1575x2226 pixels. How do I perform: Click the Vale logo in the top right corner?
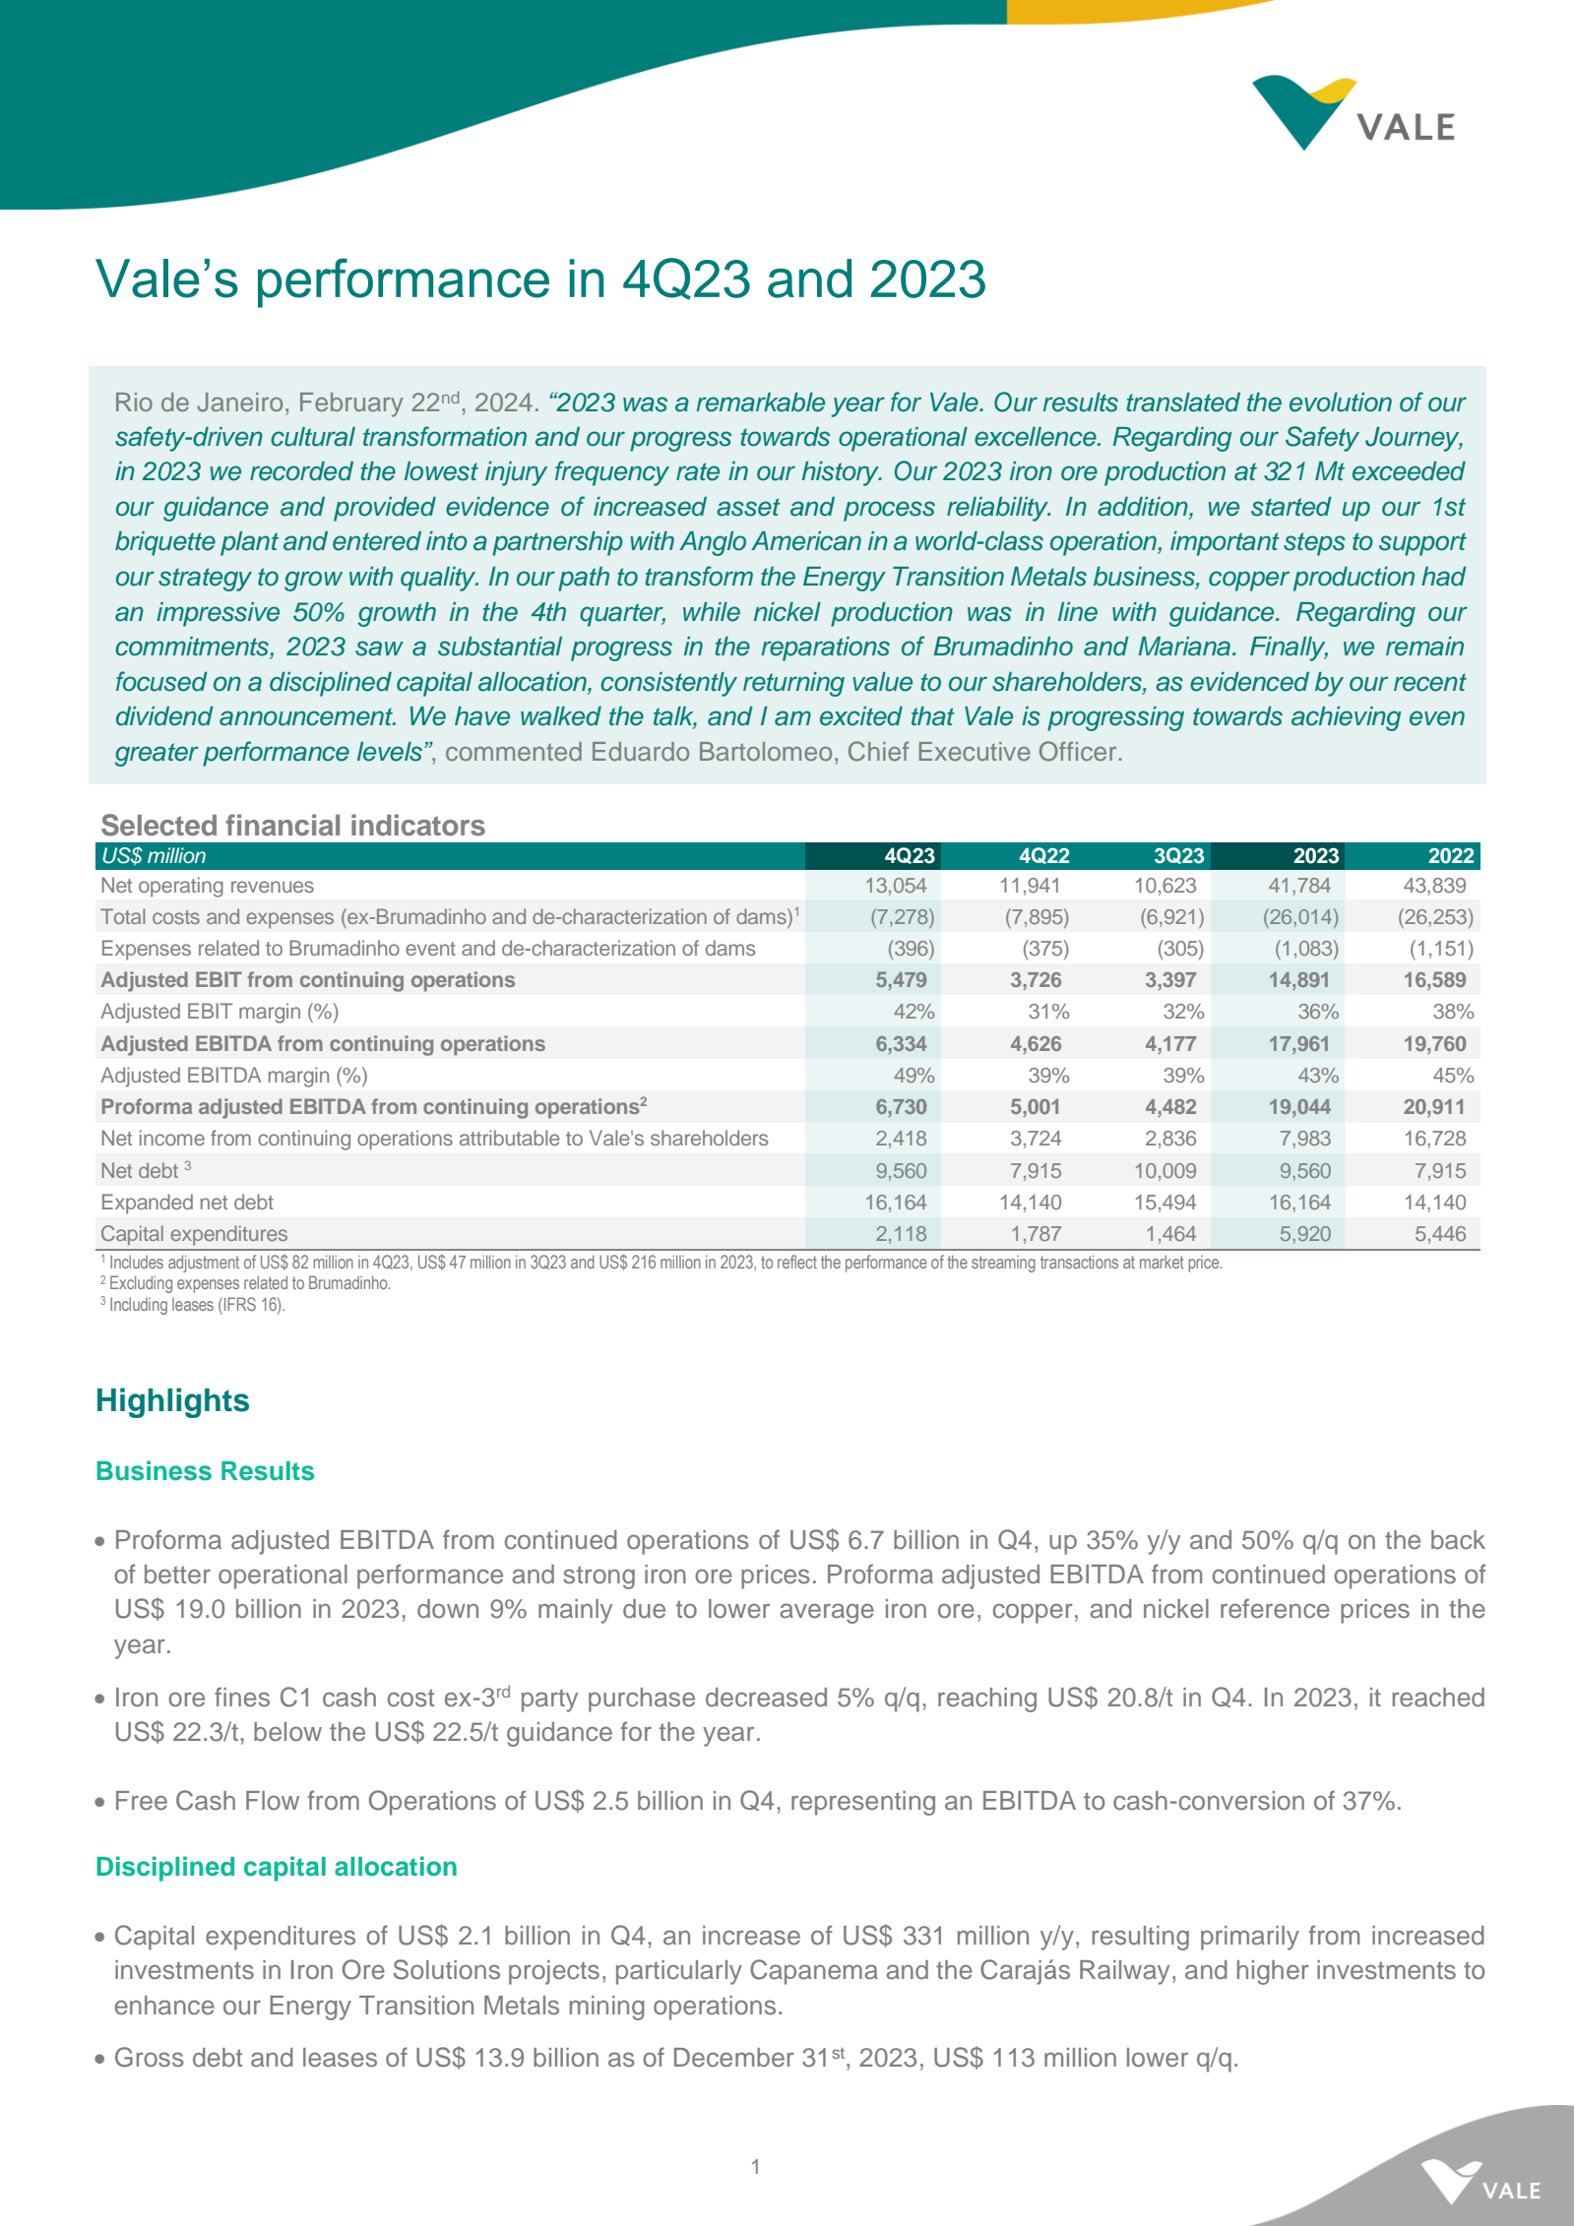[1354, 114]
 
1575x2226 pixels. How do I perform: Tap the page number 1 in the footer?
[755, 2166]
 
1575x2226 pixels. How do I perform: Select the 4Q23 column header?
[909, 856]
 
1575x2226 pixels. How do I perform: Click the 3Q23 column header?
[1178, 856]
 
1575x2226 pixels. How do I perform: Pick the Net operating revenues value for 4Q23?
[895, 886]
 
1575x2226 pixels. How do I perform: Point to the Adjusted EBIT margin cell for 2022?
[1452, 1012]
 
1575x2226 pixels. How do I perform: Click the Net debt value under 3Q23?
[1165, 1171]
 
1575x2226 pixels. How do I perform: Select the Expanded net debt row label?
[187, 1203]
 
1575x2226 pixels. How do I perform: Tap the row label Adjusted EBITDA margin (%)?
[234, 1076]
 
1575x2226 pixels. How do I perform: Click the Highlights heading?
[172, 1400]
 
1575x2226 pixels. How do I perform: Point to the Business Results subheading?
[205, 1471]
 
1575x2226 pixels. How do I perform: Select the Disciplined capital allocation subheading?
[277, 1867]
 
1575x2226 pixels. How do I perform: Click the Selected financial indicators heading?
[292, 826]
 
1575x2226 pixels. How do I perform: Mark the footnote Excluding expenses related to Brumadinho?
[249, 1283]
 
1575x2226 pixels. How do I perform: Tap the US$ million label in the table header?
[154, 856]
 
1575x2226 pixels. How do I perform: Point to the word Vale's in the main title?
[167, 279]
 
